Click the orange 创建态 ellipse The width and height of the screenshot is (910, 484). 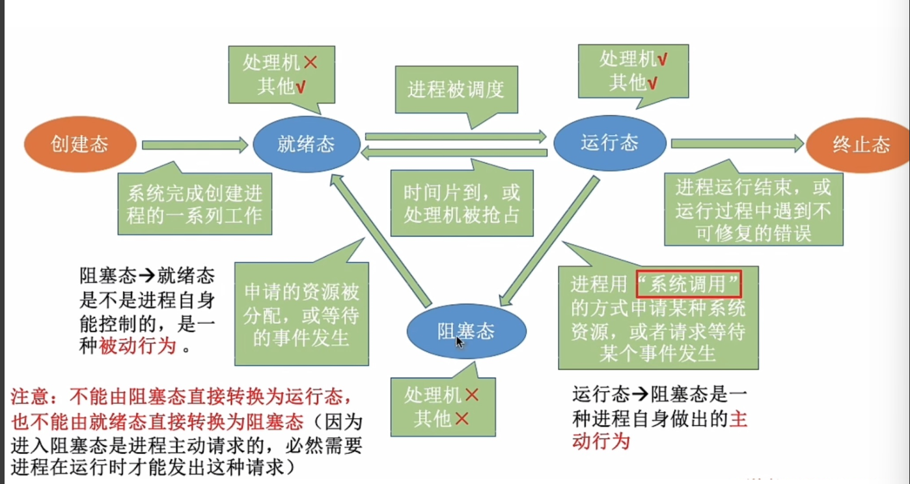(80, 144)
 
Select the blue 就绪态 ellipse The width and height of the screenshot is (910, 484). (306, 144)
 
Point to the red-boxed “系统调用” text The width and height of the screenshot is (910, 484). (689, 285)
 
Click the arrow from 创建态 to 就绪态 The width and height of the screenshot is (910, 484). (195, 145)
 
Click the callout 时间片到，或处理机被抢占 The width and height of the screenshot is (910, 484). (462, 203)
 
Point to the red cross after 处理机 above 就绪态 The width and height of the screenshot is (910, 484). (310, 63)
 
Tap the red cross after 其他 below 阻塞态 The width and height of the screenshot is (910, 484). (462, 418)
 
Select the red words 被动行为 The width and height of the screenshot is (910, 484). (137, 346)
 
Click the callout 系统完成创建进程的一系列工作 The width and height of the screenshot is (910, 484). (195, 203)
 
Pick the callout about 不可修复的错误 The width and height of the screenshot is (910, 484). (753, 210)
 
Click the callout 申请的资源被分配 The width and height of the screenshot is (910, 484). (301, 314)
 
